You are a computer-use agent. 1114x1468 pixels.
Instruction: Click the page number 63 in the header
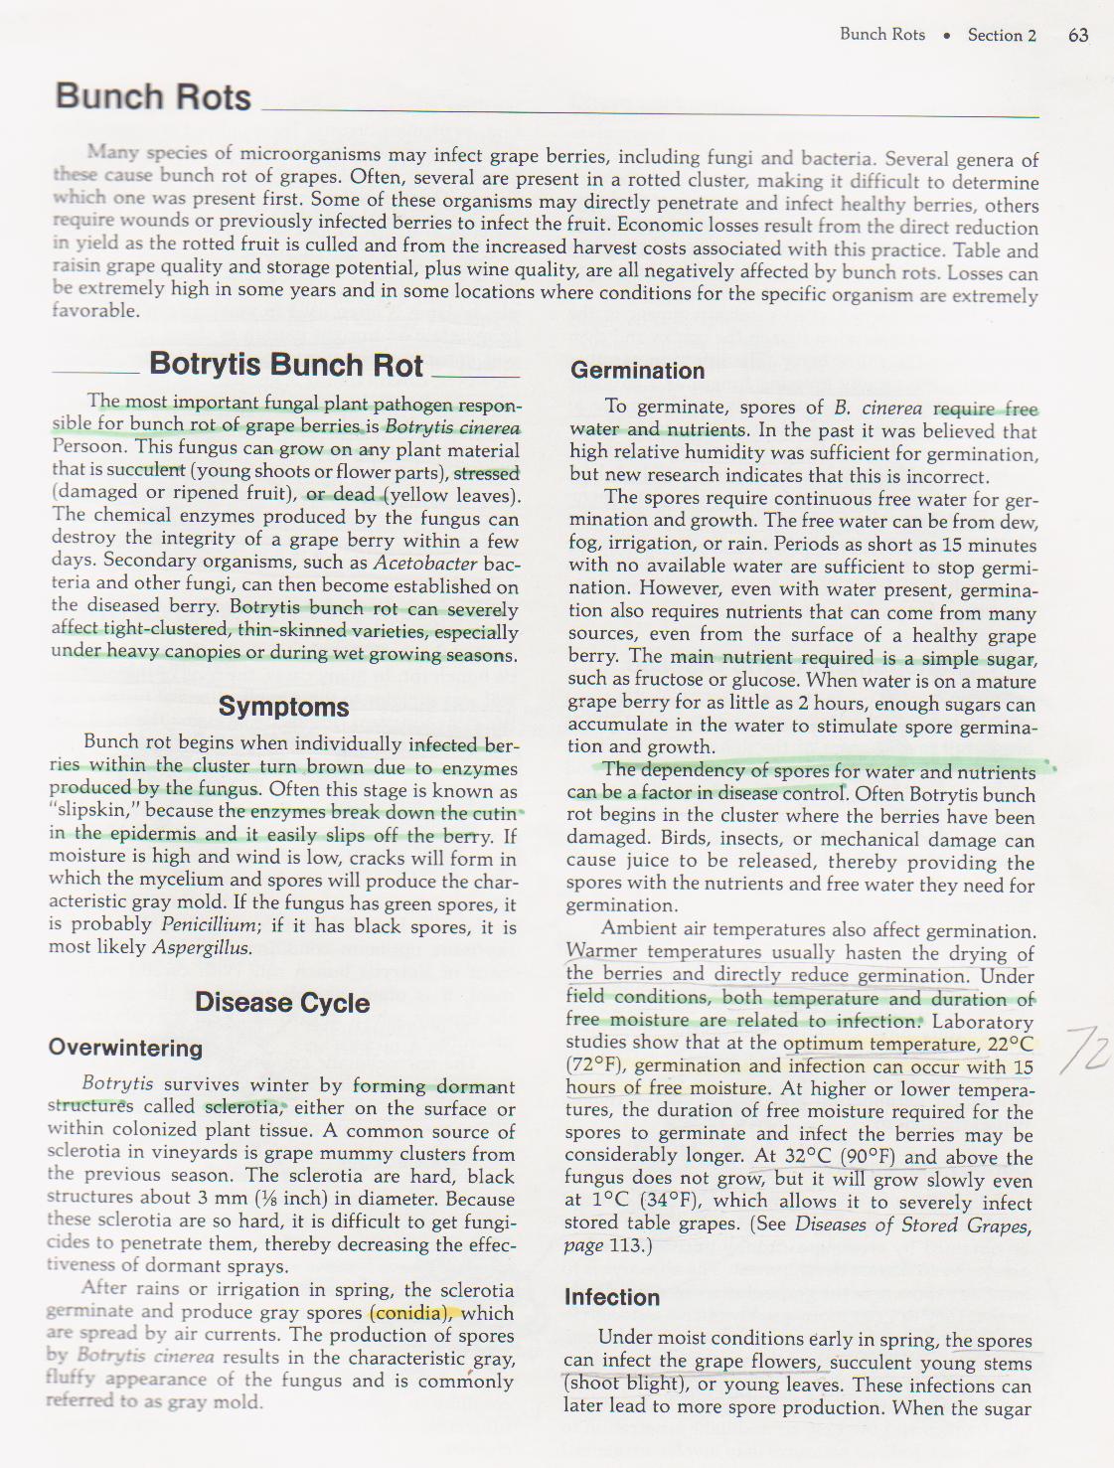[1078, 36]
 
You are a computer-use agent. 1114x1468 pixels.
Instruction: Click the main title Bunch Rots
[153, 97]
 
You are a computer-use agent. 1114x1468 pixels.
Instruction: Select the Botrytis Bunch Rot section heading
[286, 366]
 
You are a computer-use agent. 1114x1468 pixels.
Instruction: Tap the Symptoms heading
[283, 707]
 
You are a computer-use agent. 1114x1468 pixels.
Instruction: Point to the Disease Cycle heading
[282, 1002]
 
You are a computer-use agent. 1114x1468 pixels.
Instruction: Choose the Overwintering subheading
[125, 1048]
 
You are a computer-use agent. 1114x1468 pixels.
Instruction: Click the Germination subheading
[637, 371]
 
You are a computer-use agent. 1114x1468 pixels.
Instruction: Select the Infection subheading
[611, 1297]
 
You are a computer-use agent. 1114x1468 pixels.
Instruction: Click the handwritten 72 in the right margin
[1085, 1050]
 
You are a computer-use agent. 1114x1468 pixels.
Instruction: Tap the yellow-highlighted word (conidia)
[410, 1312]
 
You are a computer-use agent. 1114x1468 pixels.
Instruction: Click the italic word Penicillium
[210, 924]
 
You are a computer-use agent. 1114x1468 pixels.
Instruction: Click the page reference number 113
[624, 1245]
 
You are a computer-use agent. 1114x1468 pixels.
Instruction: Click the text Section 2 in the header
[1002, 36]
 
